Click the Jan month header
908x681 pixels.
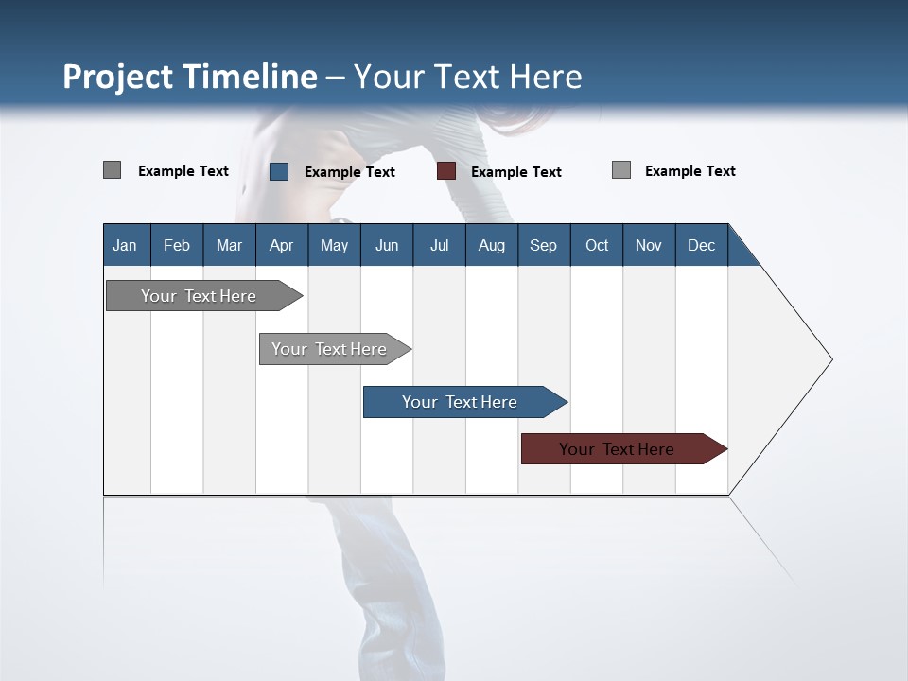click(125, 245)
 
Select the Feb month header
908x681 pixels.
click(177, 245)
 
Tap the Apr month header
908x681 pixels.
click(281, 245)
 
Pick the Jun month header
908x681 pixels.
click(387, 245)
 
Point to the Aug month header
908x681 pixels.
click(491, 245)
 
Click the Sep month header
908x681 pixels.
click(543, 245)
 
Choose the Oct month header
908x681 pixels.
click(597, 245)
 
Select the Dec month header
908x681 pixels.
click(701, 245)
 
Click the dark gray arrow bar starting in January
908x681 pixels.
click(199, 296)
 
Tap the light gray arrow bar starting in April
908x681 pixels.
click(329, 349)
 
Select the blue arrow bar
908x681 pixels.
click(460, 402)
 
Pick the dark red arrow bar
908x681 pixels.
click(617, 449)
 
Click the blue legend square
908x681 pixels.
click(279, 171)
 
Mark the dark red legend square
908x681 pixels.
click(446, 171)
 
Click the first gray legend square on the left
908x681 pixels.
click(113, 170)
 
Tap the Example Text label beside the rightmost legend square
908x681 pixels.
click(690, 171)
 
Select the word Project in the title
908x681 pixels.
click(118, 77)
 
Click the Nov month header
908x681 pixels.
click(649, 245)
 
